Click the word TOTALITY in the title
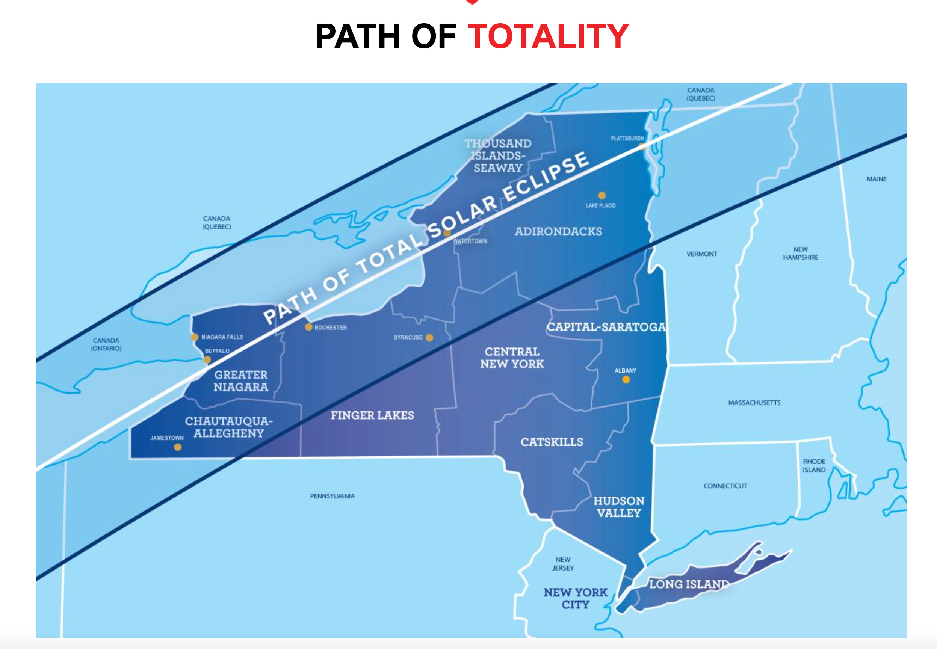pos(548,36)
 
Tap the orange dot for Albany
pos(626,379)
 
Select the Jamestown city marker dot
pos(178,447)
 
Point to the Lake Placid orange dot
pos(602,195)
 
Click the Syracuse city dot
pos(429,338)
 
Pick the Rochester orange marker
pos(309,327)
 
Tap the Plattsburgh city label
pos(627,138)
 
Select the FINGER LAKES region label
pos(372,415)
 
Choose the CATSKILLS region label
pos(552,442)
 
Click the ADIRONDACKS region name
pos(558,231)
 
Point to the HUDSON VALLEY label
pos(618,507)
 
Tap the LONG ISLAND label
pos(689,584)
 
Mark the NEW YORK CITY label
pos(576,599)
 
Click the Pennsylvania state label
pos(332,496)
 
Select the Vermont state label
pos(701,254)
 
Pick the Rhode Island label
pos(814,466)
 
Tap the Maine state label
pos(876,179)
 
